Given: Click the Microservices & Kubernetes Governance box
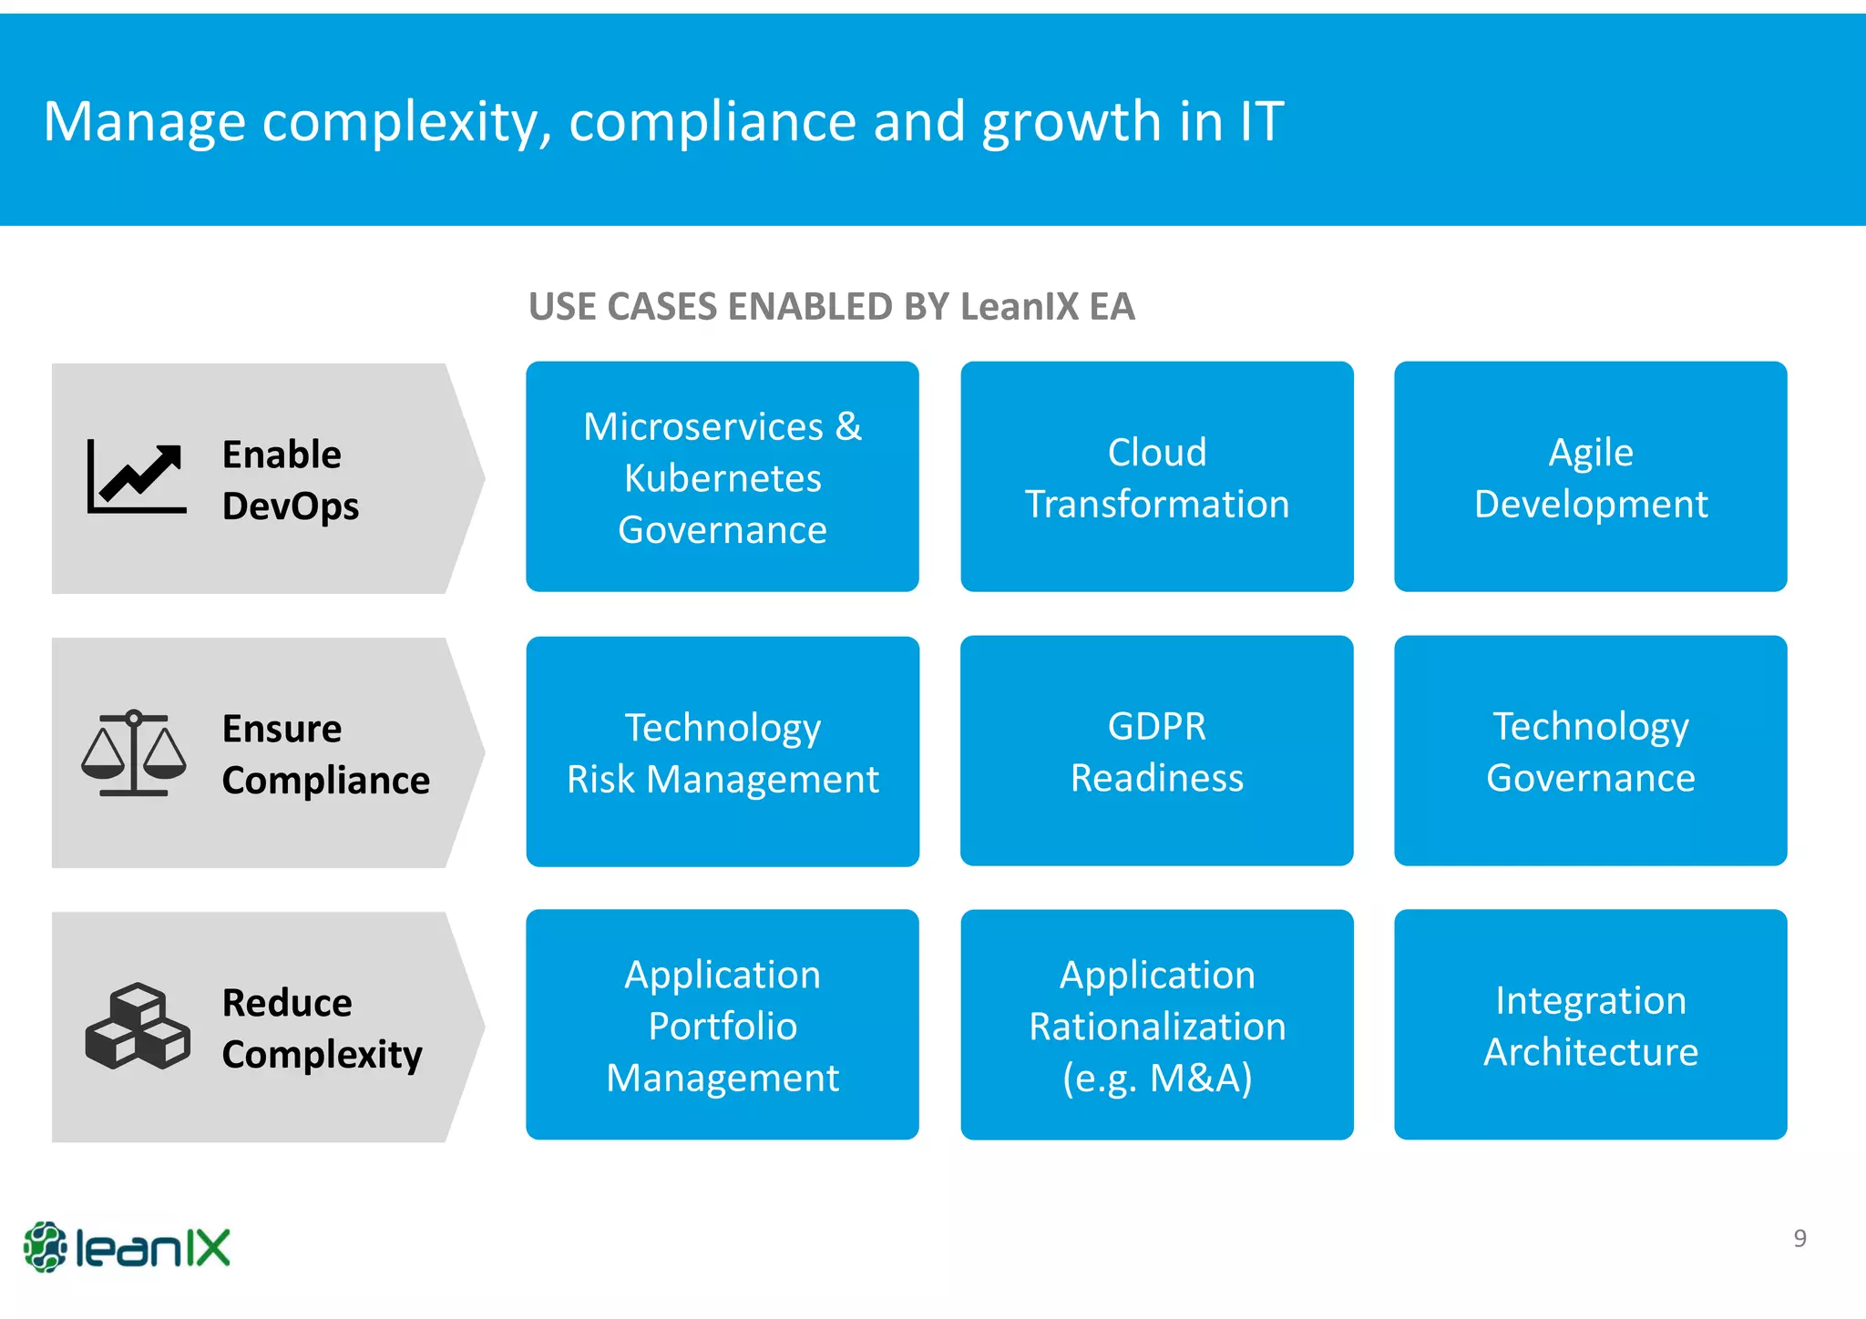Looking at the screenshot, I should point(722,476).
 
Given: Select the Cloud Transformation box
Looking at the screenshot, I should point(1156,476).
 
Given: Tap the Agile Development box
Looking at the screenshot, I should point(1590,476).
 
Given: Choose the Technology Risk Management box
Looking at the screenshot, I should point(722,752).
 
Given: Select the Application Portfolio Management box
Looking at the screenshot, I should point(722,1025).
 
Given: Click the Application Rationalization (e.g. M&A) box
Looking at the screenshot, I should point(1156,1025).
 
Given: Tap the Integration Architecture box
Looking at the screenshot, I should point(1590,1025).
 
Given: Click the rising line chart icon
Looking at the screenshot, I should point(137,477).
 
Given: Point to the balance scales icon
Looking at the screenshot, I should point(134,753).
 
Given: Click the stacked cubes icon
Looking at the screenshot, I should point(138,1026).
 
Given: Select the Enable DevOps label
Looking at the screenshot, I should point(290,479).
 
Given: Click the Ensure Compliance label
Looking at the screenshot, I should point(325,754).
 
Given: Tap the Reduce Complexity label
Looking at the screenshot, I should point(322,1028).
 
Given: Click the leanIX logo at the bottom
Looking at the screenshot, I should point(127,1246).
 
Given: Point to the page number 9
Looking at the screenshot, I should point(1799,1238).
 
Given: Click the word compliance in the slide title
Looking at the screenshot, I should point(712,121).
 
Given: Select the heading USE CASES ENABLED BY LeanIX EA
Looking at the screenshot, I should point(831,306).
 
